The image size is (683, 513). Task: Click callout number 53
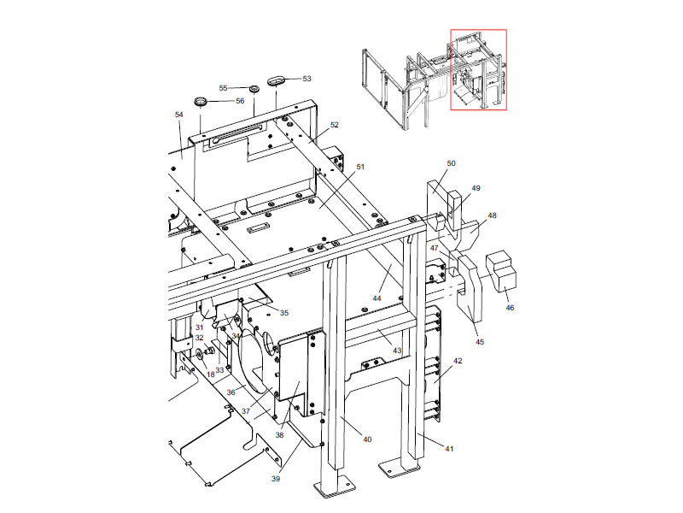(306, 79)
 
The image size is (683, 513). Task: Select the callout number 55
(224, 88)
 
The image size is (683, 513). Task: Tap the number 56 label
(240, 101)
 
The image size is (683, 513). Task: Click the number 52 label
(335, 125)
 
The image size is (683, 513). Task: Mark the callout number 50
(452, 162)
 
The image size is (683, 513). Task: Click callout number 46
(510, 307)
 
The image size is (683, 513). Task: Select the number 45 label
(480, 342)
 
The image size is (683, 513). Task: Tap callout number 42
(458, 362)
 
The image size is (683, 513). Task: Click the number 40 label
(367, 439)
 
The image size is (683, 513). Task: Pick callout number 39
(276, 479)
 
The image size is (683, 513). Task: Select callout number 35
(284, 312)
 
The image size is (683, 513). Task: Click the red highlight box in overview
(478, 70)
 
